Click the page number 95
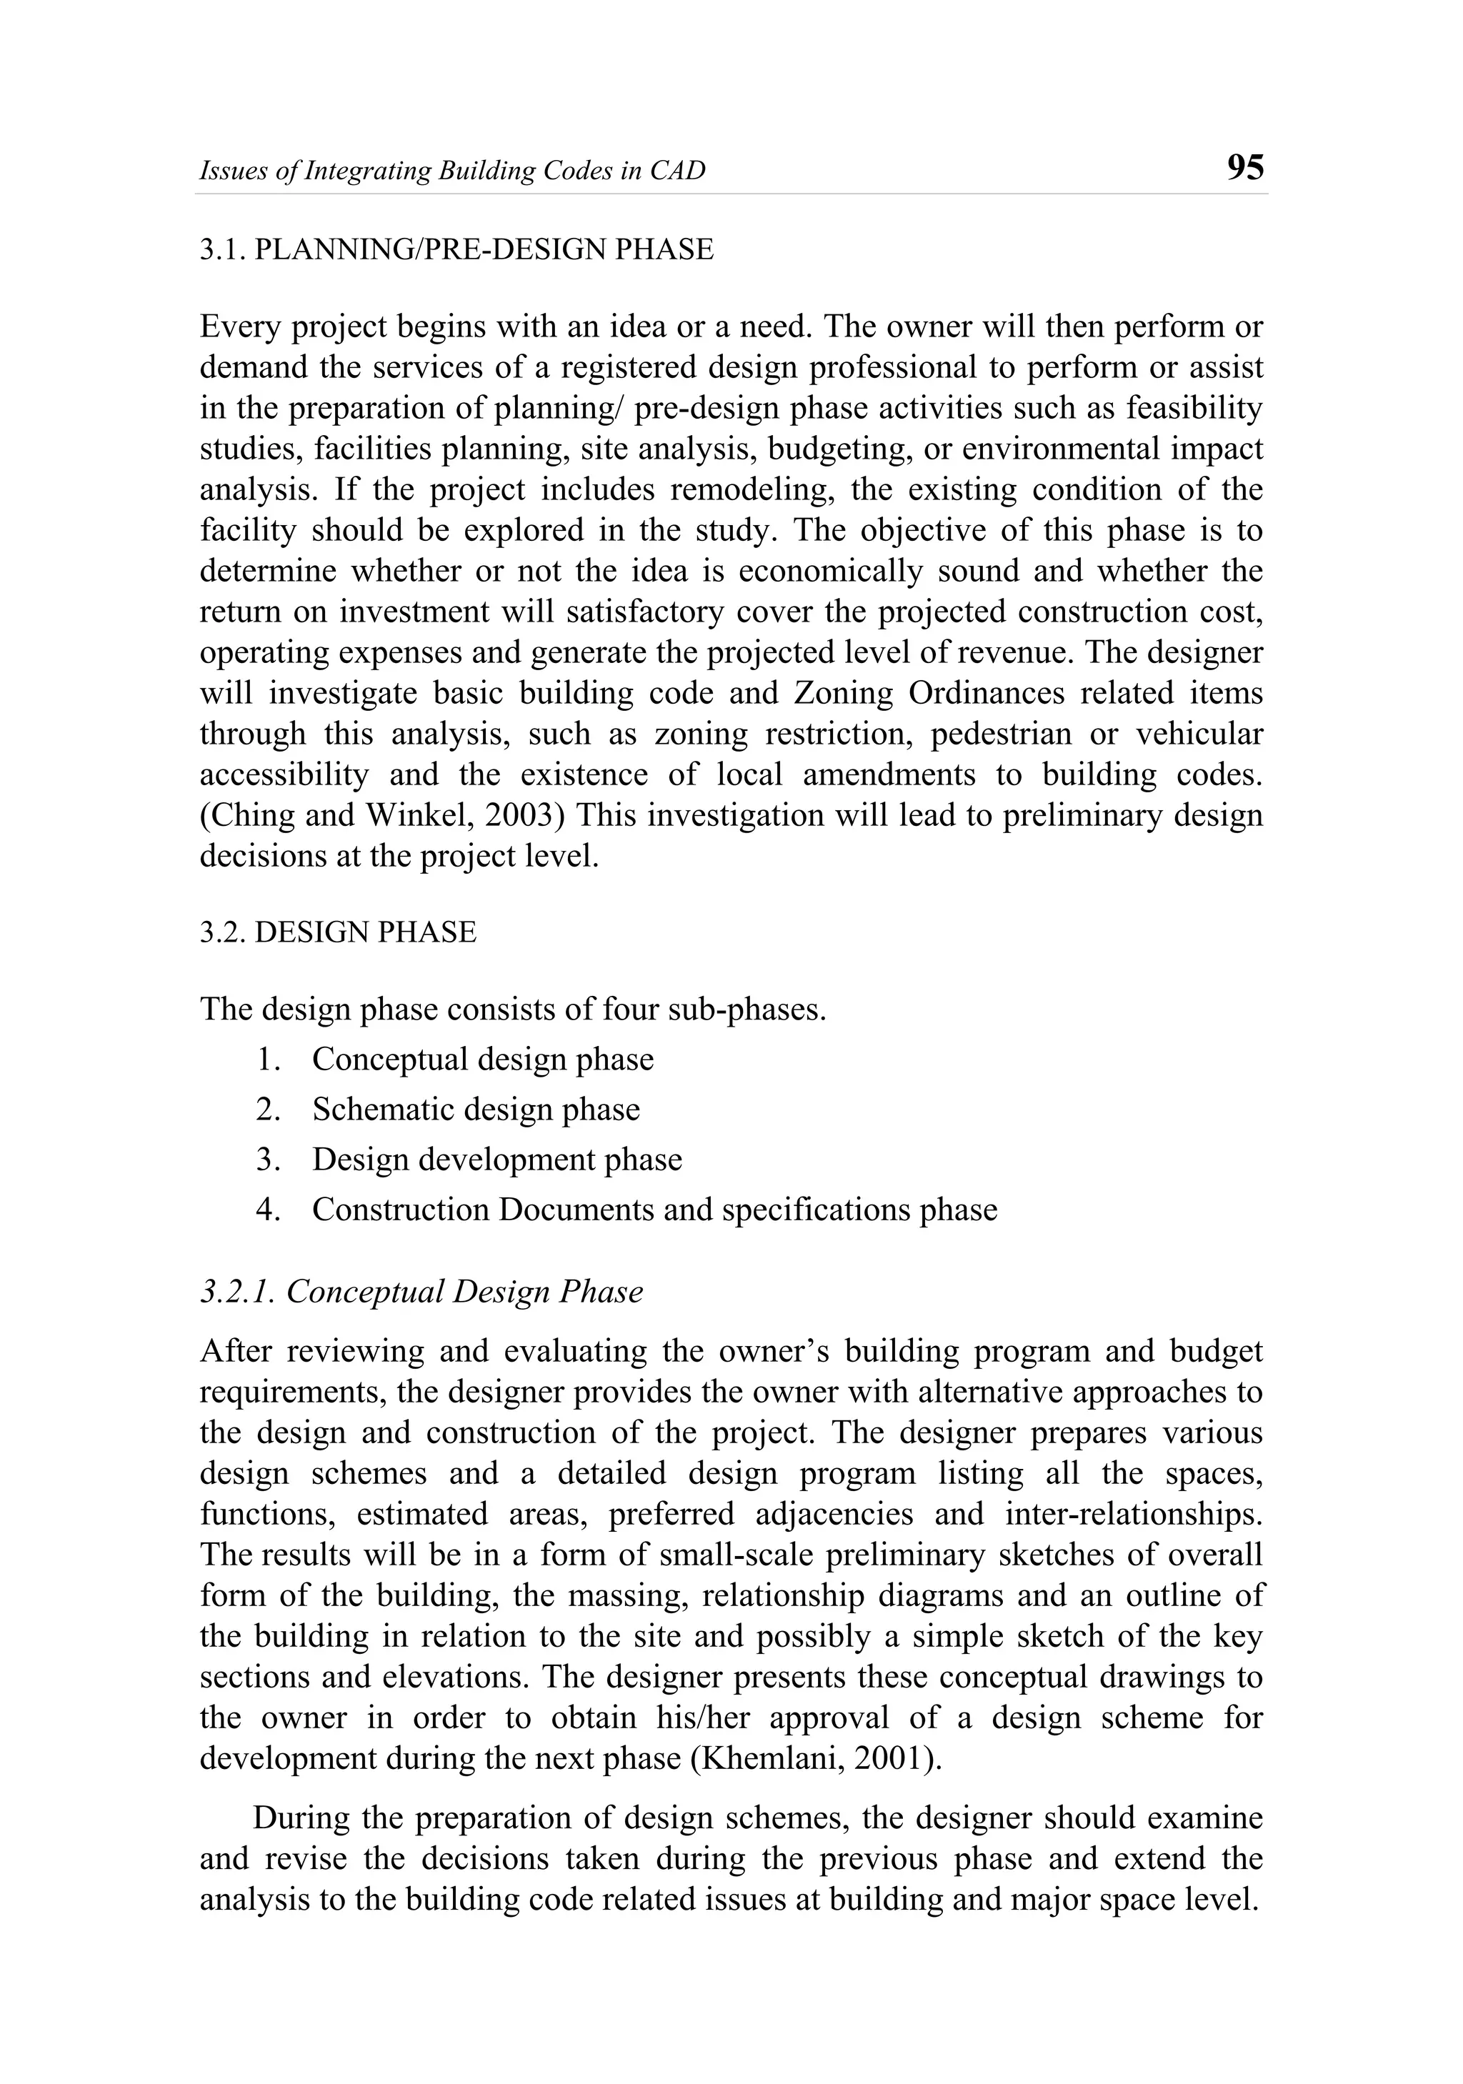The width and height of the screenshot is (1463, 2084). [x=1244, y=168]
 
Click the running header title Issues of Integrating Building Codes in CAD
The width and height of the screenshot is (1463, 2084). [x=452, y=171]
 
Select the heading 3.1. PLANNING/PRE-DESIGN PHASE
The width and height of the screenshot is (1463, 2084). [x=456, y=249]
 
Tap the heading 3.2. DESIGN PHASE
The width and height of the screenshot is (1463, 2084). [x=338, y=932]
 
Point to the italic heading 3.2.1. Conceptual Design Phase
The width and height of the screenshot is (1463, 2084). [x=421, y=1292]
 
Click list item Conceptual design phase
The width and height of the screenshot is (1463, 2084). [x=482, y=1060]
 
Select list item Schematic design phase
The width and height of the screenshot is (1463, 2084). [x=476, y=1110]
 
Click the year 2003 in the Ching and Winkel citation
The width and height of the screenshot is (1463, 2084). [x=518, y=815]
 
